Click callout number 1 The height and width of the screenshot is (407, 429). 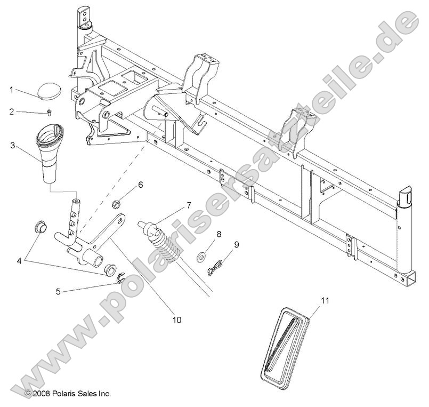pos(11,90)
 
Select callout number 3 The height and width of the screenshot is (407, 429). pos(11,145)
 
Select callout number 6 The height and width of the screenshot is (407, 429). pos(140,185)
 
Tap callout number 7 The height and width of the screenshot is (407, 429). pos(189,205)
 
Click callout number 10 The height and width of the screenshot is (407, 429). pos(176,320)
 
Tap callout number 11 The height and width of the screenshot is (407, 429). pos(325,301)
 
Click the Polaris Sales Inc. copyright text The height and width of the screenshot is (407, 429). pos(68,393)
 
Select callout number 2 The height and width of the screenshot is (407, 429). pos(11,112)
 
